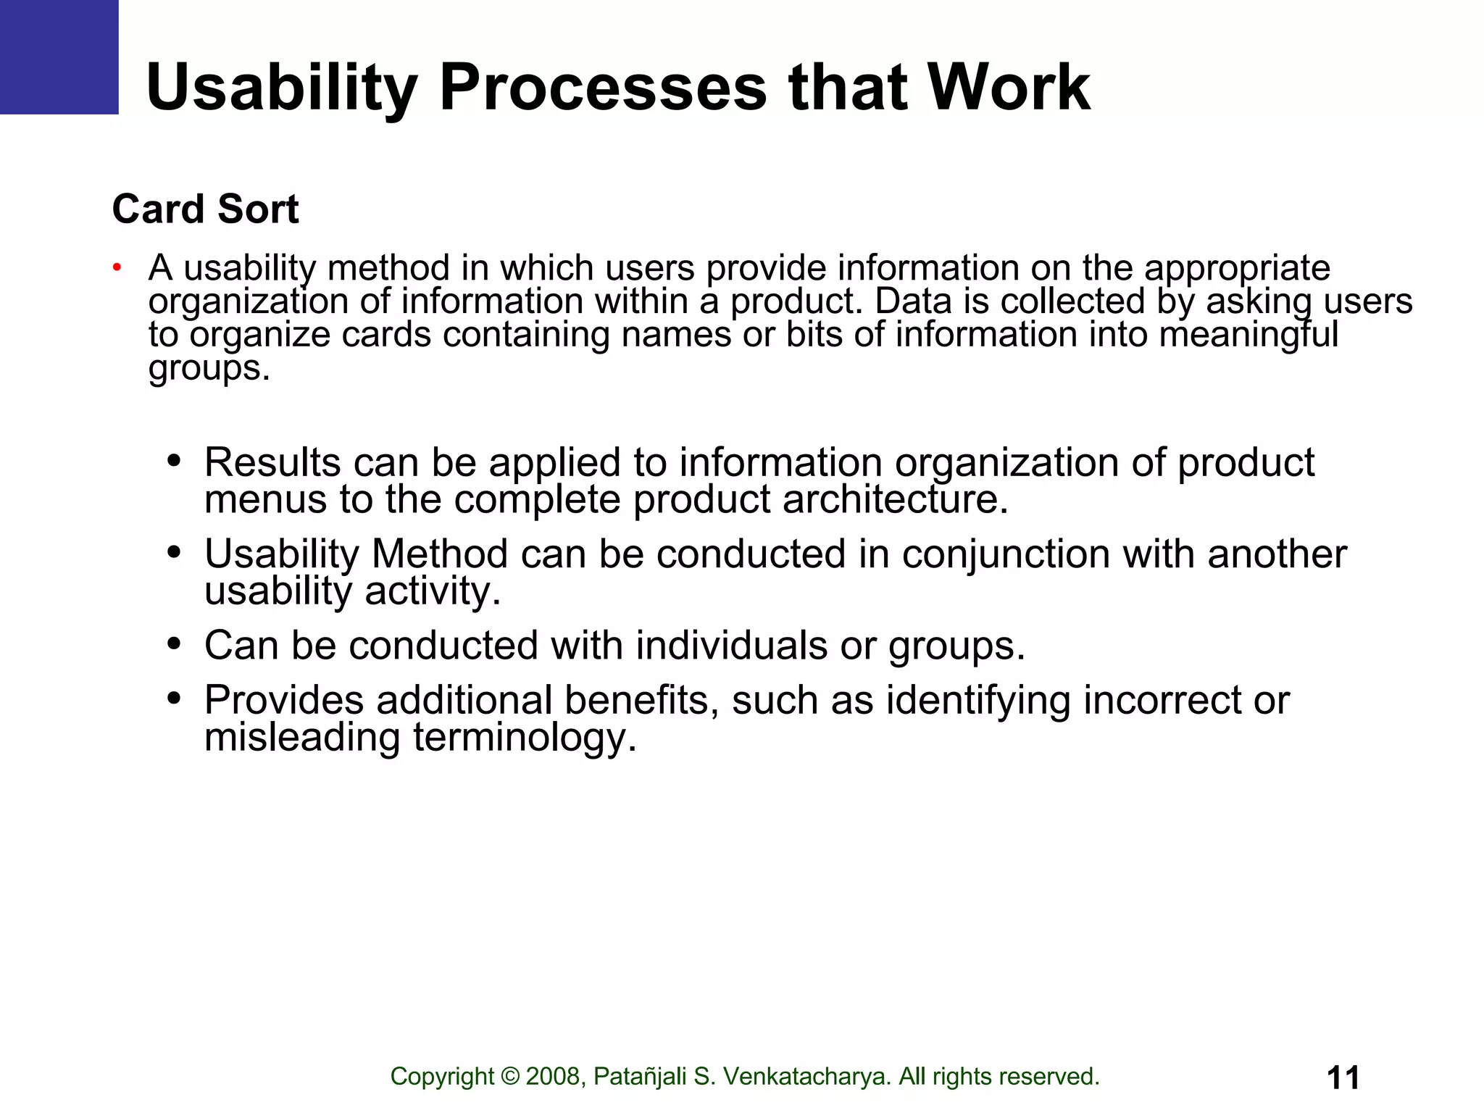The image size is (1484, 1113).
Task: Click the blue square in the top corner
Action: pyautogui.click(x=59, y=57)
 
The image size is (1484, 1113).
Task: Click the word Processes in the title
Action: pyautogui.click(x=603, y=87)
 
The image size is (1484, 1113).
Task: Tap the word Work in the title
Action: pyautogui.click(x=1009, y=87)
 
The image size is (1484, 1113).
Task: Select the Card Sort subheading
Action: pyautogui.click(x=205, y=209)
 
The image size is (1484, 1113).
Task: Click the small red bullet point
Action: pyautogui.click(x=116, y=268)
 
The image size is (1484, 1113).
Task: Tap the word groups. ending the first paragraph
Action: pyautogui.click(x=209, y=368)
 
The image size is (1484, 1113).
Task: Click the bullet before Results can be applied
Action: pyautogui.click(x=173, y=461)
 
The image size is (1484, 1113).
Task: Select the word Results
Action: pyautogui.click(x=272, y=462)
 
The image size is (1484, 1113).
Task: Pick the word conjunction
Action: pyautogui.click(x=1005, y=554)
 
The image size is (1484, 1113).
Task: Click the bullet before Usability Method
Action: pyautogui.click(x=173, y=553)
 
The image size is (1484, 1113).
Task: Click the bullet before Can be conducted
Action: pyautogui.click(x=173, y=643)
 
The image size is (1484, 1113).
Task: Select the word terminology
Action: pyautogui.click(x=525, y=738)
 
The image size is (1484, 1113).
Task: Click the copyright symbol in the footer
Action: pyautogui.click(x=510, y=1077)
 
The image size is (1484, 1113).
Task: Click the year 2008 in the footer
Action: pyautogui.click(x=553, y=1077)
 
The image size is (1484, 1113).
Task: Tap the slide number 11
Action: pyautogui.click(x=1343, y=1077)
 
